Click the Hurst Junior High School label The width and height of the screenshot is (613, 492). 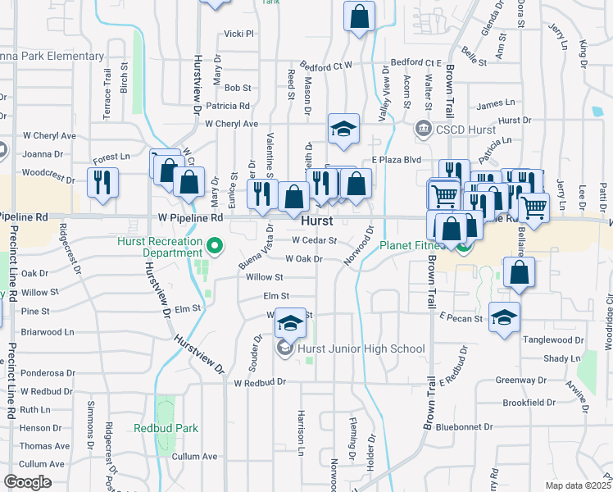(x=361, y=348)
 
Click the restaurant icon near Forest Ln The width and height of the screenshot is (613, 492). (x=102, y=181)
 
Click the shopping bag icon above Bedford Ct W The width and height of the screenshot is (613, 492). (x=360, y=16)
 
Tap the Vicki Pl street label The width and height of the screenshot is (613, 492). (x=240, y=34)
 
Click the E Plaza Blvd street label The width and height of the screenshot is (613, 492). (x=396, y=160)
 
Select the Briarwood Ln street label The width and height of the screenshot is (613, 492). (x=48, y=333)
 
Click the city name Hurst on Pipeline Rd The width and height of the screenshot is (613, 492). (x=317, y=221)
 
